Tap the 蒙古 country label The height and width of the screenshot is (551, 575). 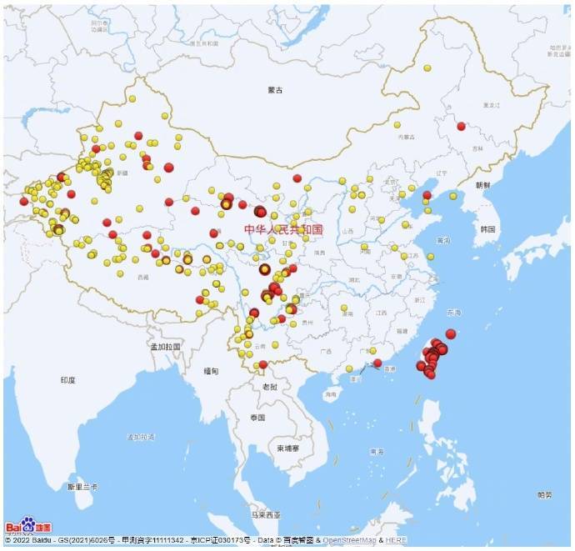click(276, 89)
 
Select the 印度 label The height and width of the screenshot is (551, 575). click(67, 380)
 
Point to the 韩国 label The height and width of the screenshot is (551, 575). click(488, 228)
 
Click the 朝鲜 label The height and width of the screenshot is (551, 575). click(483, 185)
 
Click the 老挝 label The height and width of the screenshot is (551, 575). click(269, 387)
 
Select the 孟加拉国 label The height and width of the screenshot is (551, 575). click(165, 345)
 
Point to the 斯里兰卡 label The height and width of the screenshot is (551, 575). click(83, 486)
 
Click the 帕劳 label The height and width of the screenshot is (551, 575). click(544, 495)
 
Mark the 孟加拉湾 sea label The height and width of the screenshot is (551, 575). click(142, 436)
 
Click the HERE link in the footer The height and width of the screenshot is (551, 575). click(396, 540)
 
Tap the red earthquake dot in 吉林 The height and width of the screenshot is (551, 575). click(461, 126)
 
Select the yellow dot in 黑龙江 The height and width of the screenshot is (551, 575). click(427, 68)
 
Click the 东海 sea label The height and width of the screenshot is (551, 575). click(452, 313)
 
